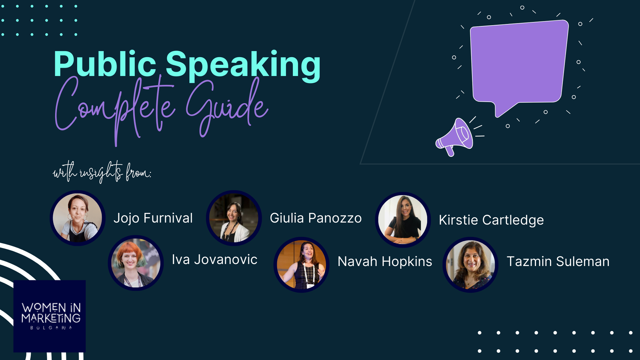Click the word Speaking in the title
(x=243, y=66)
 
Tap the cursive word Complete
(x=114, y=110)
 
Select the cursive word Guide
(x=227, y=108)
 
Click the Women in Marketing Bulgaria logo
(x=50, y=316)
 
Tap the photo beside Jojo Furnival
(x=78, y=218)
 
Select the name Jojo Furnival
(x=153, y=218)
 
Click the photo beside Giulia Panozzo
(x=234, y=218)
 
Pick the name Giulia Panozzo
(x=316, y=218)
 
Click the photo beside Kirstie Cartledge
(x=403, y=220)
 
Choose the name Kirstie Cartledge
(x=492, y=220)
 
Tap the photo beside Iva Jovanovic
(x=136, y=263)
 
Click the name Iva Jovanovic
(x=214, y=260)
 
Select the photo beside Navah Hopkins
(x=302, y=264)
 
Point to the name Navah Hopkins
(x=385, y=262)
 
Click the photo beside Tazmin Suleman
(x=470, y=264)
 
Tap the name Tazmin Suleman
(x=558, y=262)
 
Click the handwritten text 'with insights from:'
(x=102, y=172)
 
